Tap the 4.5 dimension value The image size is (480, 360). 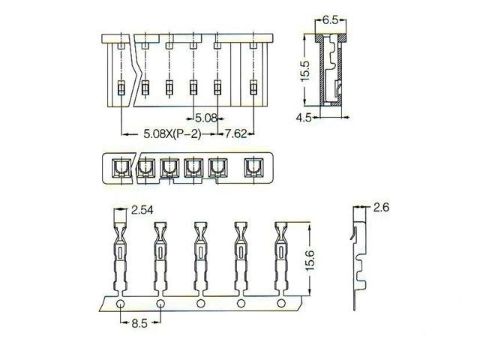tap(304, 117)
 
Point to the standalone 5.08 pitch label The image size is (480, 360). tap(205, 118)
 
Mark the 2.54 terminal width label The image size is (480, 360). tap(142, 212)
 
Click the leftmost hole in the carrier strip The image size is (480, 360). tap(121, 304)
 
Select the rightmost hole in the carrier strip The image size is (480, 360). tap(281, 304)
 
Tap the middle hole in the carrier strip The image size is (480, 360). tap(201, 304)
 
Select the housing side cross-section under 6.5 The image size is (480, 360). tap(330, 71)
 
